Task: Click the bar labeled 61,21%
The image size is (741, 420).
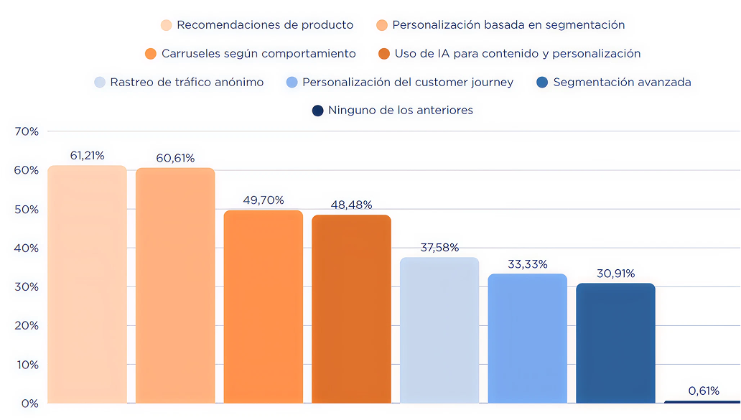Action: click(x=87, y=284)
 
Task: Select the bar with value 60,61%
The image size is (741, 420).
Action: click(x=175, y=286)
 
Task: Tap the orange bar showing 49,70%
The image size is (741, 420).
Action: click(x=264, y=307)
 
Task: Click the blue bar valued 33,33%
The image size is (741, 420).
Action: click(x=528, y=338)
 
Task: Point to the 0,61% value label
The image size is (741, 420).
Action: click(x=704, y=391)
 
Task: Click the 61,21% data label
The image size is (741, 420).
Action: click(x=87, y=155)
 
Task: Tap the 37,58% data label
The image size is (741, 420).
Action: click(x=439, y=248)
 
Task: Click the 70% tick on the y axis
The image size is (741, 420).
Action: click(x=26, y=131)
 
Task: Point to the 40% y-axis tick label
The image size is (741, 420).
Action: click(x=26, y=248)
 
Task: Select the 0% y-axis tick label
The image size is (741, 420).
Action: click(x=29, y=403)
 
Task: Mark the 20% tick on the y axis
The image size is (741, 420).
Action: click(x=26, y=326)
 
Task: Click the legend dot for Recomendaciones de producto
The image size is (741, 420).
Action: click(x=167, y=25)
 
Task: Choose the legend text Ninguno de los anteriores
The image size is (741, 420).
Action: click(x=401, y=111)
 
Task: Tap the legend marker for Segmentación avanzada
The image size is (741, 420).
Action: click(x=542, y=83)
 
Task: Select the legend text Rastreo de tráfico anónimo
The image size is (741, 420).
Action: click(x=187, y=83)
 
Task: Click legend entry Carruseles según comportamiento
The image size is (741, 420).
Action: click(x=258, y=54)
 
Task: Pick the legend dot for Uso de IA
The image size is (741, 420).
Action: click(x=383, y=54)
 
